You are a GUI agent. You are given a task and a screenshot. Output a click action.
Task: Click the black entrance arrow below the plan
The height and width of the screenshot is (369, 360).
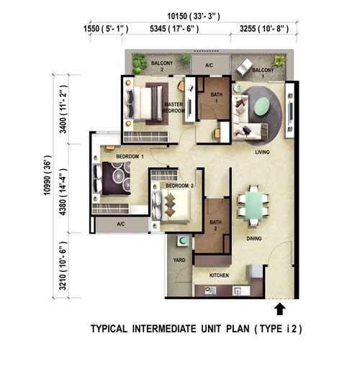click(x=280, y=309)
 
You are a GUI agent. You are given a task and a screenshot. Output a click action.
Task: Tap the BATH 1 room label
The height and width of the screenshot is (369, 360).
click(x=217, y=98)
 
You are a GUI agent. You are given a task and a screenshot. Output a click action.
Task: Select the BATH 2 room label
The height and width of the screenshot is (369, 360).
click(x=215, y=225)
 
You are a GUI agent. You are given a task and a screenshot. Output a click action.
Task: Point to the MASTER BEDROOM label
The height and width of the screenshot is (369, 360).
click(x=174, y=107)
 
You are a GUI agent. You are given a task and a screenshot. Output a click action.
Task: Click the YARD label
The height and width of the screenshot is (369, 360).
click(x=179, y=260)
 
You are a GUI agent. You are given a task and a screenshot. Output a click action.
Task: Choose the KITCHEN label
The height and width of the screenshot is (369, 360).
click(x=219, y=275)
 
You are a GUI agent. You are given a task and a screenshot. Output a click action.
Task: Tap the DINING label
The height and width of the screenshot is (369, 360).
click(x=254, y=238)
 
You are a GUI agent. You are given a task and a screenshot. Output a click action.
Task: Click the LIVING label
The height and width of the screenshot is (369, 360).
click(x=262, y=152)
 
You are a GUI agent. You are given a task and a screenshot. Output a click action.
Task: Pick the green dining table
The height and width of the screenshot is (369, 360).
click(x=253, y=205)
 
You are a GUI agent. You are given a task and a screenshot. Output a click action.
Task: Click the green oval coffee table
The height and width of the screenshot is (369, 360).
click(x=262, y=106)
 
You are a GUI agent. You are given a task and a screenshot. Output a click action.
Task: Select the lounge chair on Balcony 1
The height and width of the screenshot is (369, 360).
click(x=244, y=67)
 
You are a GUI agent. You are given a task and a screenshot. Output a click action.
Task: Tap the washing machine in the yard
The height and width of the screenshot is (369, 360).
click(x=184, y=241)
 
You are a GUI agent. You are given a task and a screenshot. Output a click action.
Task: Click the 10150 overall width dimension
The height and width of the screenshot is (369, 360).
click(x=194, y=17)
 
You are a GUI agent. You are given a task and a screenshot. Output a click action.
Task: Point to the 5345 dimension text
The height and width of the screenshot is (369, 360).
click(x=174, y=29)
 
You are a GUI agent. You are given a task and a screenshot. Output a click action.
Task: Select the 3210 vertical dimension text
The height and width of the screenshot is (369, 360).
click(x=63, y=265)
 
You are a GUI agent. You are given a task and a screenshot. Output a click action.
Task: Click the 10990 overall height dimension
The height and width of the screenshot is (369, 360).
click(x=48, y=176)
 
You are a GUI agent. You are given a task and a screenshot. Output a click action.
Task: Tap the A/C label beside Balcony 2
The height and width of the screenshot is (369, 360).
click(x=209, y=65)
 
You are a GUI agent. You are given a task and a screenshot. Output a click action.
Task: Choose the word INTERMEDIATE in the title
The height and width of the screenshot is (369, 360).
click(x=164, y=329)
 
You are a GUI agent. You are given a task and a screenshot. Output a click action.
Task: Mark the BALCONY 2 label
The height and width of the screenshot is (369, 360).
click(x=162, y=66)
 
